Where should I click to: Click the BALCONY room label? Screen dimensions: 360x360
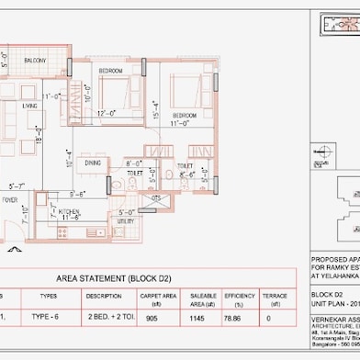coord(35,61)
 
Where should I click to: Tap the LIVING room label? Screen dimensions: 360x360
coord(30,106)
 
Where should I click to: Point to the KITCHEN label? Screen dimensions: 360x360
coord(70,211)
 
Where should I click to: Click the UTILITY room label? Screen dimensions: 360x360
coord(127,221)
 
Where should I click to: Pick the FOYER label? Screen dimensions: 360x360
coord(10,199)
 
